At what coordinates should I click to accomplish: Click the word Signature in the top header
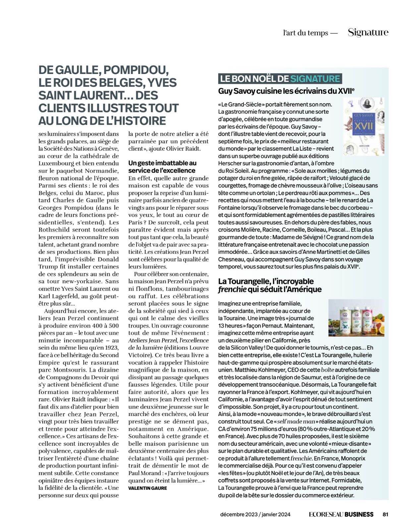[368, 32]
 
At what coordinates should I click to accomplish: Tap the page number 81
[385, 514]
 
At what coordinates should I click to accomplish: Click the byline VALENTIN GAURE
[147, 488]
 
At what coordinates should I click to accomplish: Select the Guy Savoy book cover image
[364, 126]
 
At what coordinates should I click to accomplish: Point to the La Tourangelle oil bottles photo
[356, 318]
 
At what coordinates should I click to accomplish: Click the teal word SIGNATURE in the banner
[315, 79]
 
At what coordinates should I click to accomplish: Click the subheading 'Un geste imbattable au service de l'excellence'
[162, 167]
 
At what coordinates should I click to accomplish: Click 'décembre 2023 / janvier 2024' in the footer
[255, 514]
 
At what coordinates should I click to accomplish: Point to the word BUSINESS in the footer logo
[359, 514]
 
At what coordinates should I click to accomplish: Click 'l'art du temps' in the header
[305, 33]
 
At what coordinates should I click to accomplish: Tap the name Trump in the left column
[48, 267]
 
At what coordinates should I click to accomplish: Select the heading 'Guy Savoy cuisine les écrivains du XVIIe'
[286, 91]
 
